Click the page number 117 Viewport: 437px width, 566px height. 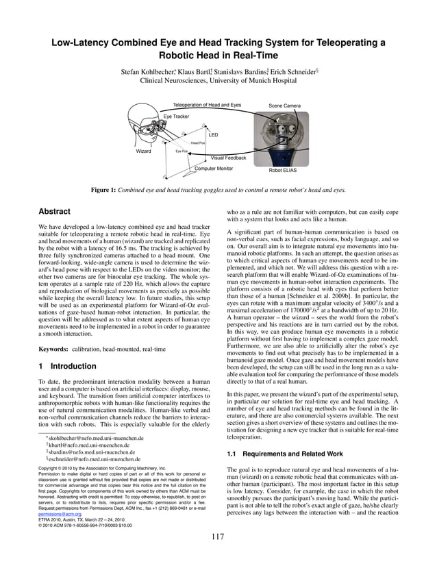(218, 555)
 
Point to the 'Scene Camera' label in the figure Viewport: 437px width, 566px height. (284, 106)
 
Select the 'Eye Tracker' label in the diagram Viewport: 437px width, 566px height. (176, 116)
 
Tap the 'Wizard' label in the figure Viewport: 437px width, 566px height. (144, 151)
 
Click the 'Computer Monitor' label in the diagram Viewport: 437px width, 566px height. (214, 168)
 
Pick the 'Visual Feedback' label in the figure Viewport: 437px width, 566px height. (228, 158)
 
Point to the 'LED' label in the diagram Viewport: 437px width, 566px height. (213, 135)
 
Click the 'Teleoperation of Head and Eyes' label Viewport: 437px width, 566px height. (207, 105)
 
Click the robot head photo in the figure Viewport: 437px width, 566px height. (284, 137)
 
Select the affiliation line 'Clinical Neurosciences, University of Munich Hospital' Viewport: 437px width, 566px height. (218, 80)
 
